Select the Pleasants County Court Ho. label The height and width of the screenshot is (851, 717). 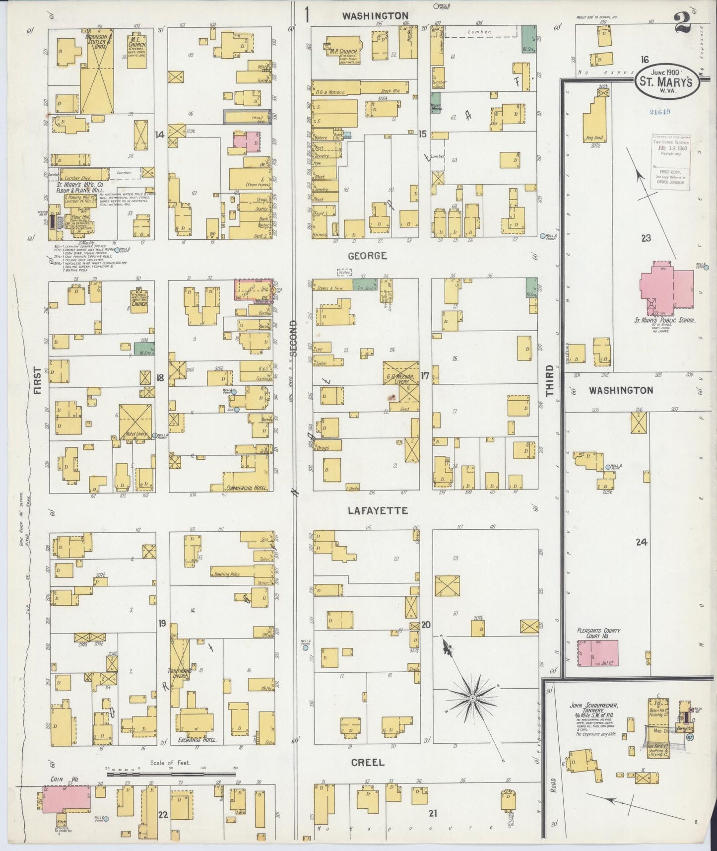[599, 633]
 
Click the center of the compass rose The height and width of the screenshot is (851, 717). [473, 698]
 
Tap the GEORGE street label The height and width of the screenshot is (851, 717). [367, 256]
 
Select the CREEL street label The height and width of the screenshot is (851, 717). [368, 762]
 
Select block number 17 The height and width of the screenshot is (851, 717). [425, 376]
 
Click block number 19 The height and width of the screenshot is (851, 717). [162, 623]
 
